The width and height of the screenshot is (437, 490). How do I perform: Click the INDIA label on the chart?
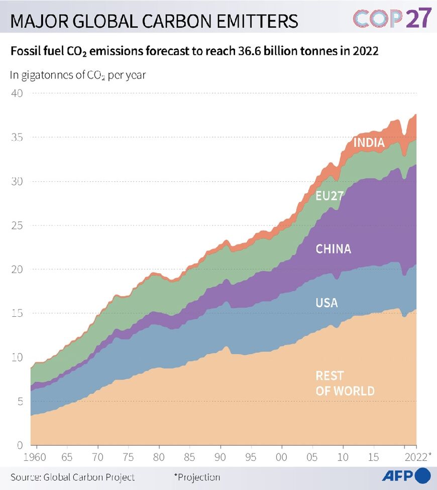(369, 143)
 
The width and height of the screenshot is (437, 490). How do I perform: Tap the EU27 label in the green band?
(329, 196)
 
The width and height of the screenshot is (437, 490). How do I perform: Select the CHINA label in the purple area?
(333, 249)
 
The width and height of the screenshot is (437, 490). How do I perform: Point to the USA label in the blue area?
(326, 303)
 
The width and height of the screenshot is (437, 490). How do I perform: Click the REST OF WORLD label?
(345, 383)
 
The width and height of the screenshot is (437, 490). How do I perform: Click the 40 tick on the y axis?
(17, 93)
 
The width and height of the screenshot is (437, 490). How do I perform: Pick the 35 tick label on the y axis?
(17, 137)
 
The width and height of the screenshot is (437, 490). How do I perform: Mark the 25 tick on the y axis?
(17, 225)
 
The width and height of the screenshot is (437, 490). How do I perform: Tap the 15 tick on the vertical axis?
(17, 313)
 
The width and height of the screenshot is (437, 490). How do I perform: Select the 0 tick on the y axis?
(19, 445)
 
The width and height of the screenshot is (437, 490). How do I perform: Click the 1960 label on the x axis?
(35, 458)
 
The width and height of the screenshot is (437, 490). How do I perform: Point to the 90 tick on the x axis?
(220, 458)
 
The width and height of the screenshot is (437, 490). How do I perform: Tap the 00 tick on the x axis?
(281, 458)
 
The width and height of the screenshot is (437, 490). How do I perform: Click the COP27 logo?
(392, 19)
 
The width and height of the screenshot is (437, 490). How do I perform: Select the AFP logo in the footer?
(406, 475)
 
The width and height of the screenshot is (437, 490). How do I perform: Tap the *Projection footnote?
(197, 477)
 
